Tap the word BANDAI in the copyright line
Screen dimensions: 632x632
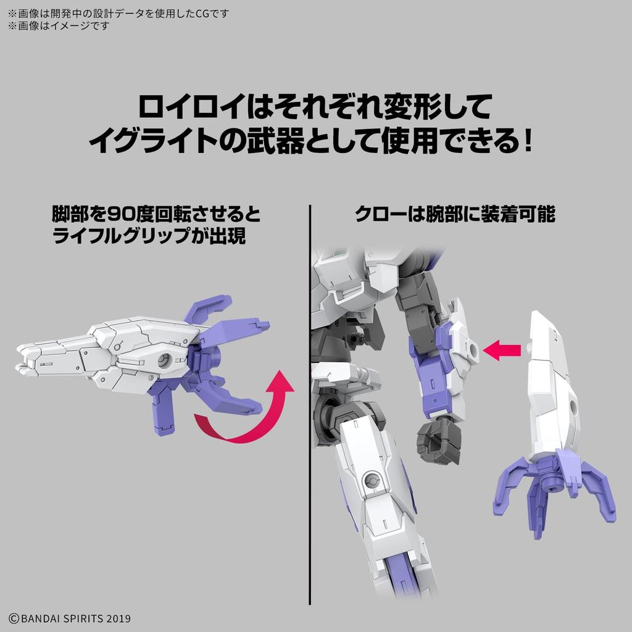[40, 618]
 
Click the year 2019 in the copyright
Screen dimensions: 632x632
[118, 618]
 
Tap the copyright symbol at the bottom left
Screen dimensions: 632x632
[13, 618]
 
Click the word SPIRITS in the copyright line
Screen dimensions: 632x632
[86, 618]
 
